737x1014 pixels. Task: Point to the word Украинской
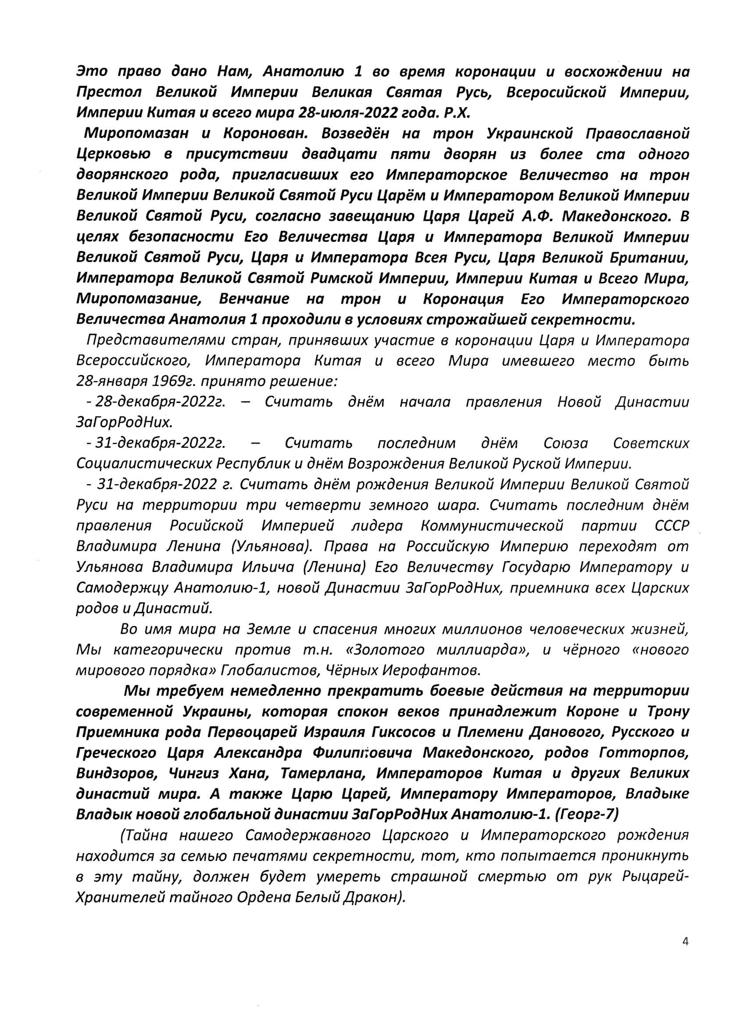coord(529,133)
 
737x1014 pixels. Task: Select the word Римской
coord(347,278)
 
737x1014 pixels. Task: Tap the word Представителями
coord(153,340)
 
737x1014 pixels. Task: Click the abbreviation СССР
coord(672,526)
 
